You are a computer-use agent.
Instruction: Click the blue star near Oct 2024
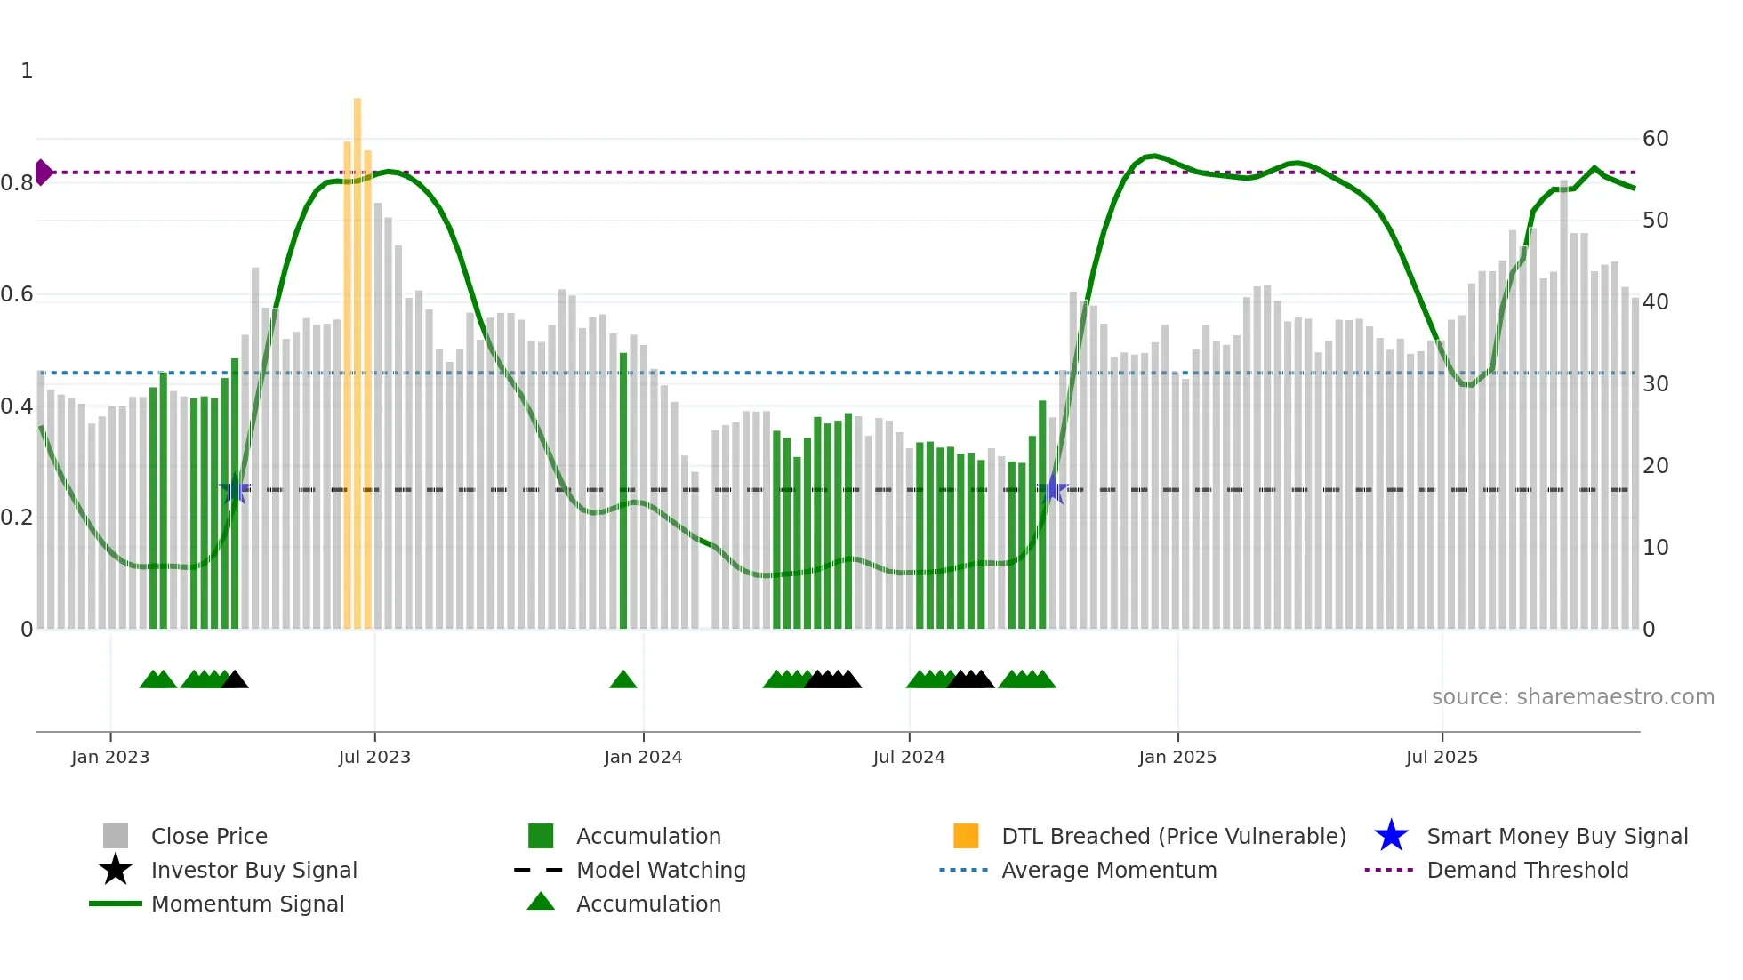pyautogui.click(x=1053, y=489)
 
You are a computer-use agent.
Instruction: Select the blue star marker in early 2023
pyautogui.click(x=235, y=489)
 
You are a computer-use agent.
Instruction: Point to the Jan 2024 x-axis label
pyautogui.click(x=643, y=757)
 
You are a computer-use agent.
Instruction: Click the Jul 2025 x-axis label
pyautogui.click(x=1442, y=757)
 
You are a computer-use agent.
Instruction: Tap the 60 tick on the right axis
pyautogui.click(x=1655, y=139)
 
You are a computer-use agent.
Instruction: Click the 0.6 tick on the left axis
pyautogui.click(x=18, y=294)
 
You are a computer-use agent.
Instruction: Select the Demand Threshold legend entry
pyautogui.click(x=1527, y=870)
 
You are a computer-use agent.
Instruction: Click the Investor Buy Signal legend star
pyautogui.click(x=116, y=870)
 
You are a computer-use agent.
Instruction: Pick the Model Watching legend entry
pyautogui.click(x=661, y=870)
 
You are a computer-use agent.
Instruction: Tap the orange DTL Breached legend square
pyautogui.click(x=966, y=836)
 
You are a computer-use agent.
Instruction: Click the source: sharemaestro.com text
pyautogui.click(x=1572, y=697)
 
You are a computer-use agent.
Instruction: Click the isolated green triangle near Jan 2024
pyautogui.click(x=623, y=680)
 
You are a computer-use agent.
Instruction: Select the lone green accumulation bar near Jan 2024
pyautogui.click(x=623, y=489)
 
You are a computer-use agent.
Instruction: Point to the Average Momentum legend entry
pyautogui.click(x=1108, y=870)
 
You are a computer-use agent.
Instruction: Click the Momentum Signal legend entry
pyautogui.click(x=247, y=904)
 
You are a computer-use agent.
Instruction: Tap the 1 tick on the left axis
pyautogui.click(x=27, y=71)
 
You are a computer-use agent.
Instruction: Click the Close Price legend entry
pyautogui.click(x=209, y=836)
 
